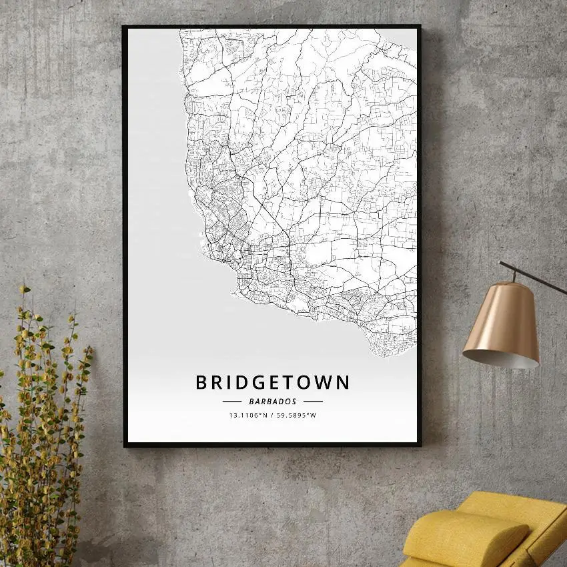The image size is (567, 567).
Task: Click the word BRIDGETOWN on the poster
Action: [272, 382]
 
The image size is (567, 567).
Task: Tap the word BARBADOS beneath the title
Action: [272, 402]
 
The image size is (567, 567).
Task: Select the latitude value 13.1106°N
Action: [248, 416]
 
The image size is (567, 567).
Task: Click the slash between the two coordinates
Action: [271, 416]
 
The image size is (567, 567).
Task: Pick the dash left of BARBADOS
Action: [231, 402]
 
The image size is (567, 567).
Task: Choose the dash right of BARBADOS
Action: [313, 402]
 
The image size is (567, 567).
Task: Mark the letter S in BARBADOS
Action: [294, 402]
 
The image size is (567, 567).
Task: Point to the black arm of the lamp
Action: [534, 275]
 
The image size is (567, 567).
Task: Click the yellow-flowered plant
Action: [40, 427]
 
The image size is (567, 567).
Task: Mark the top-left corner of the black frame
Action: [125, 27]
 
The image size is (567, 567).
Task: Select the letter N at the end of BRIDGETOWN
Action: [342, 382]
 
